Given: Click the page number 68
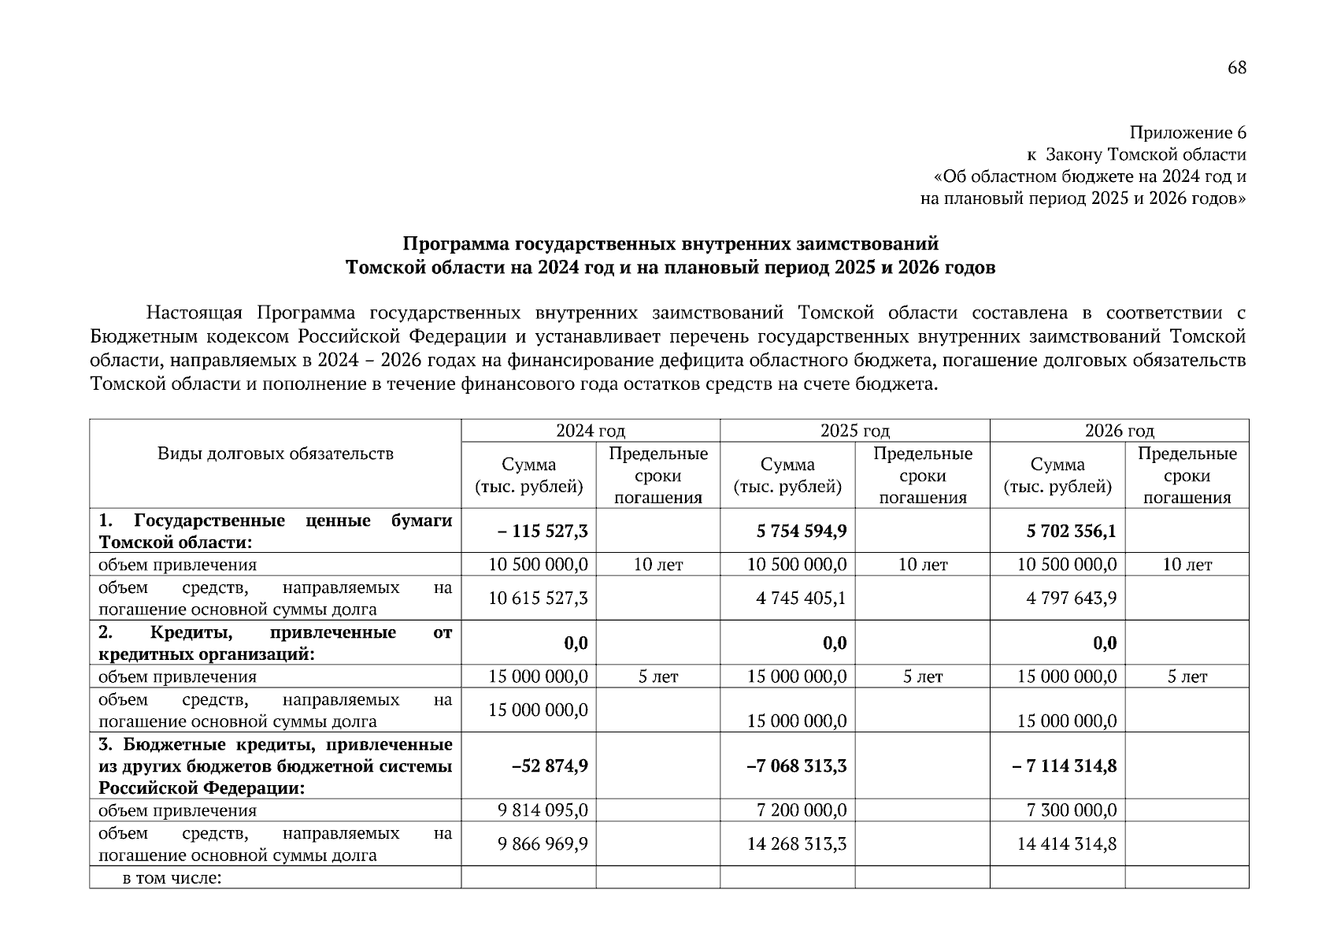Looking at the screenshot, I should click(x=1236, y=68).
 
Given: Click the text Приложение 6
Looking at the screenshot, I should click(x=1188, y=132).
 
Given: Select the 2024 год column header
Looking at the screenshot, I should click(x=591, y=431).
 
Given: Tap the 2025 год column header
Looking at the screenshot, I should click(x=854, y=431).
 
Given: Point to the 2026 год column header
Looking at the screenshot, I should click(x=1119, y=431).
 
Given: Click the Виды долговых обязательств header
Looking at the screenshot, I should click(x=275, y=454).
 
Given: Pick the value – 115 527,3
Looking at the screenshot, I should click(x=543, y=531).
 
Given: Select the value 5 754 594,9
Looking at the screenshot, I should click(x=802, y=531).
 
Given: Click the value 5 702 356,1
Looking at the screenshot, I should click(x=1071, y=531).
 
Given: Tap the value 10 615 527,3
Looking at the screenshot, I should click(x=538, y=598).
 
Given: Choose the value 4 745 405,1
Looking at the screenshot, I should click(x=801, y=598).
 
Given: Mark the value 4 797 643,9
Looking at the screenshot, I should click(x=1071, y=598).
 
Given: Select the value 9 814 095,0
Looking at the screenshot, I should click(x=543, y=810).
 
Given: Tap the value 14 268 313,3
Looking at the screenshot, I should click(x=797, y=844).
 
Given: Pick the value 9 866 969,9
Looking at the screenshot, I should click(x=543, y=844).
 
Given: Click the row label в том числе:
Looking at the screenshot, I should click(x=172, y=877).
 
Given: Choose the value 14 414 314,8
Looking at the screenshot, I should click(x=1067, y=844).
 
